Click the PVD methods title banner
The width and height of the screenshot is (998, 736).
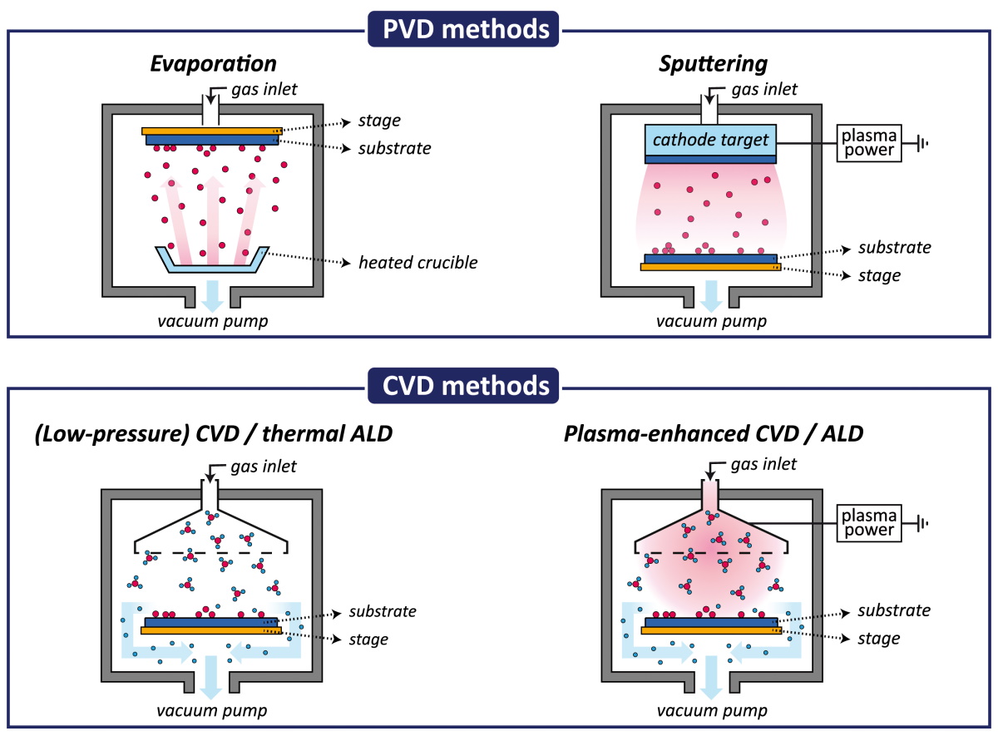463,29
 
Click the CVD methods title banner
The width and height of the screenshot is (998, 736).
463,385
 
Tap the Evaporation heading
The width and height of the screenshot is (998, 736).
214,64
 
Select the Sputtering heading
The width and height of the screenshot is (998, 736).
714,64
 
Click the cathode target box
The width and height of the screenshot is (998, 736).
710,140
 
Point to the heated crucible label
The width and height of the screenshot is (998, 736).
417,263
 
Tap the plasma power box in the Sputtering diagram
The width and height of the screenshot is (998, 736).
869,143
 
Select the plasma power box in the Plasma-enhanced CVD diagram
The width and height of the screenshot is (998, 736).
869,523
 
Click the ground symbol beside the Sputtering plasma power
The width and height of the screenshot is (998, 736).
922,143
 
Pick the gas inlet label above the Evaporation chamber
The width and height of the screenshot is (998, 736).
264,89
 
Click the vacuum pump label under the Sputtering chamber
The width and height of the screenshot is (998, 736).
712,321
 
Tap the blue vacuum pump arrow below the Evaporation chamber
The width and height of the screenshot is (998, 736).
213,296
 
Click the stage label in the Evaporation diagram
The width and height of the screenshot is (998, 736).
379,121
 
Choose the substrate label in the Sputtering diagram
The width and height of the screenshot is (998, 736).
895,247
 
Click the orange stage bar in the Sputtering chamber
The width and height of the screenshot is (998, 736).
710,267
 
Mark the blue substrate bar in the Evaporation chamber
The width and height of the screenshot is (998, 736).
212,140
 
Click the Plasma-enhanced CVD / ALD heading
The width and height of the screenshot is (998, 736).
714,433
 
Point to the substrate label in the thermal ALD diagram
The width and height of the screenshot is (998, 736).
383,611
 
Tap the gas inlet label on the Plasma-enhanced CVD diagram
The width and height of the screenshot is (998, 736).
763,464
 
